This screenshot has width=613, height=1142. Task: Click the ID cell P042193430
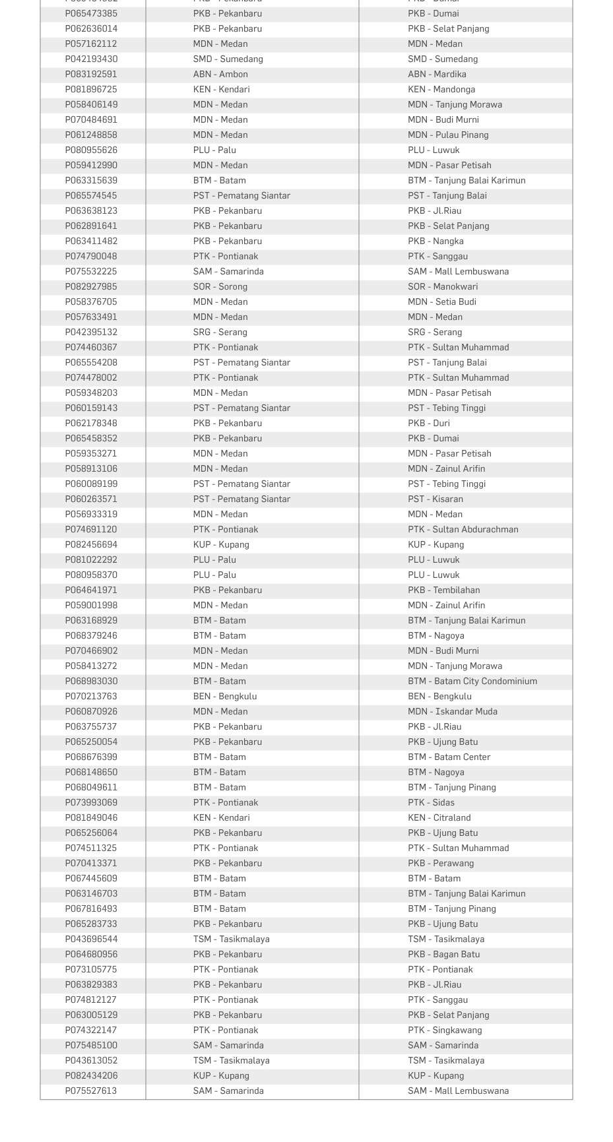pos(91,59)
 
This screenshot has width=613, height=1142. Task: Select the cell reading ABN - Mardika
pos(437,75)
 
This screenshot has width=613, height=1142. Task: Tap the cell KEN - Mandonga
pos(441,90)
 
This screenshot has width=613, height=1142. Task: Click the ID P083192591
pos(91,75)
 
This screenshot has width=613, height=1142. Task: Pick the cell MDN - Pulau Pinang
pos(448,135)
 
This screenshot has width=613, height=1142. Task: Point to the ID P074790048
pos(91,257)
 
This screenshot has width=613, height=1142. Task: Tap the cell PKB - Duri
pos(429,424)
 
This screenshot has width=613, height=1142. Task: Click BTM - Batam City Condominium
pos(472,682)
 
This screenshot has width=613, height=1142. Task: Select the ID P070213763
pos(91,697)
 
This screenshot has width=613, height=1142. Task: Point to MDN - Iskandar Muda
pos(453,712)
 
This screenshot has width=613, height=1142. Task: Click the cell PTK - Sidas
pos(431,803)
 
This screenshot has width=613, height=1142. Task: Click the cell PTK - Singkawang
pos(445,1031)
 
